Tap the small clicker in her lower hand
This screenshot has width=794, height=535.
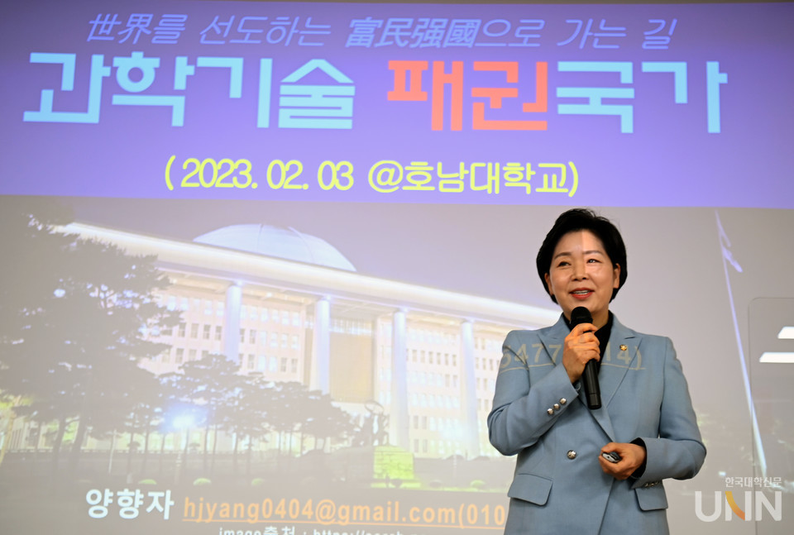coord(610,456)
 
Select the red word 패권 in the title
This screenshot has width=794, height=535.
coord(467,94)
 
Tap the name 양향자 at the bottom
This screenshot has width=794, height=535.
coord(130,504)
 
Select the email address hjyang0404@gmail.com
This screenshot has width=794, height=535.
coord(318,511)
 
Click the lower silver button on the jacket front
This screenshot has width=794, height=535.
coord(570,454)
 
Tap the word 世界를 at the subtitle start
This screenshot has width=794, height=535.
coord(136,31)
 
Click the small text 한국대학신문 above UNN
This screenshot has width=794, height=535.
coord(753,482)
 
